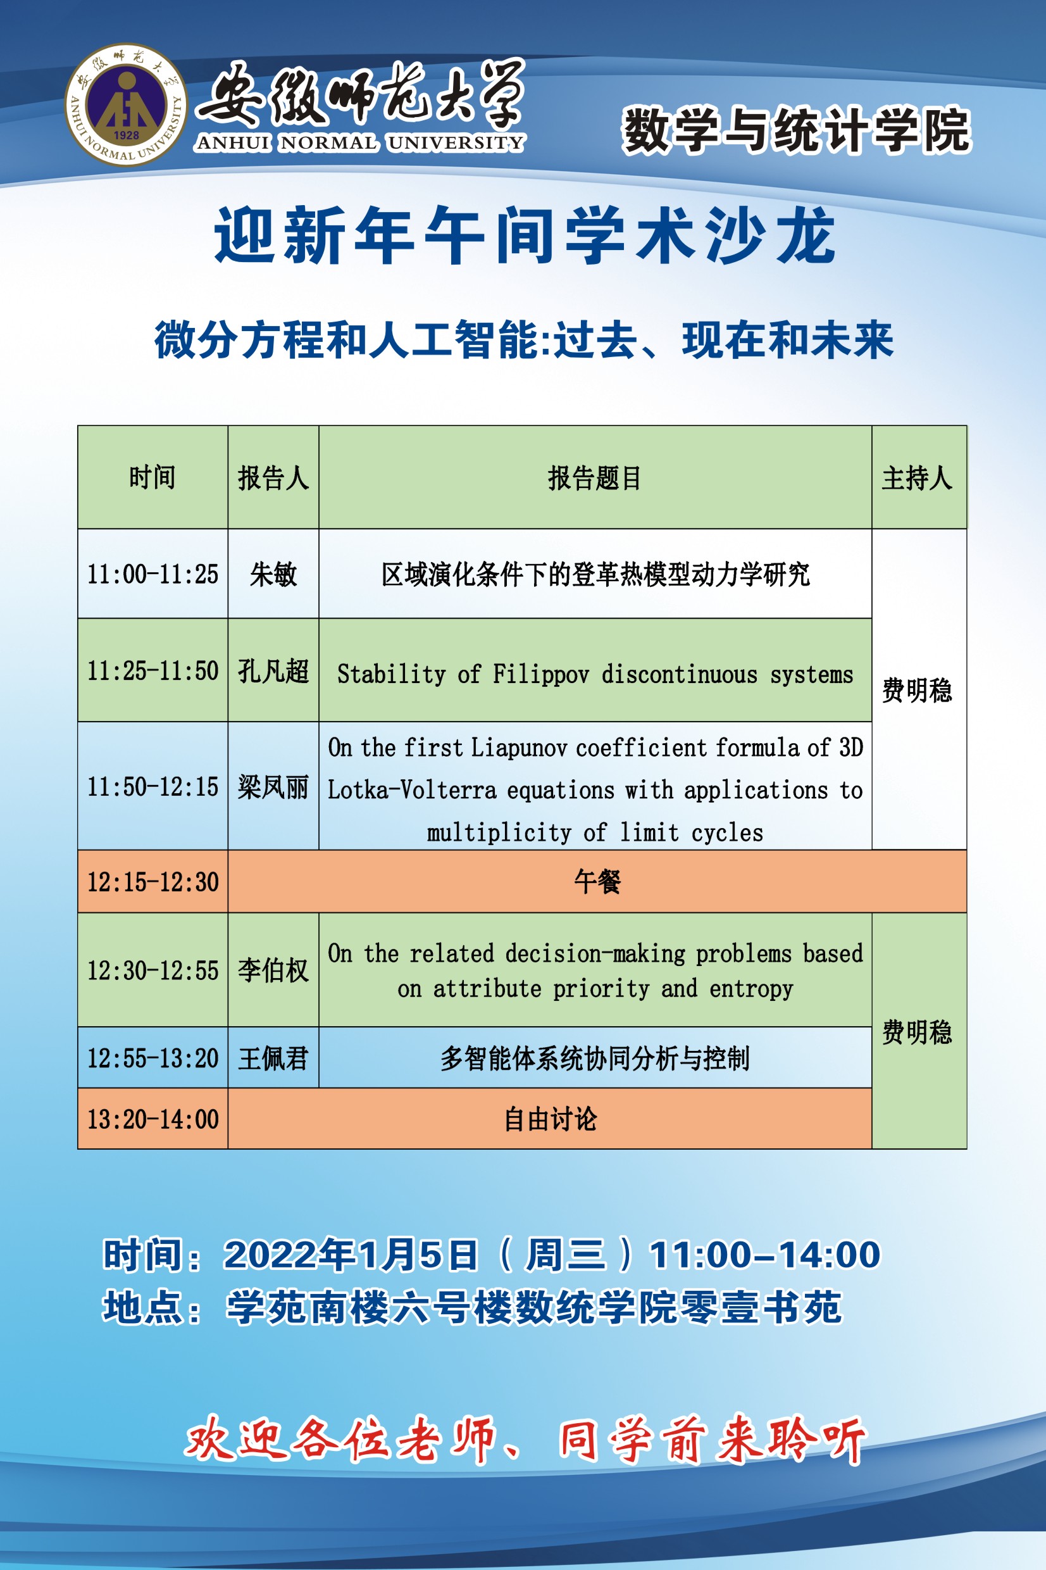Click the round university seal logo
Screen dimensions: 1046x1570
click(126, 104)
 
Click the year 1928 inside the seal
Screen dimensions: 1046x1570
click(126, 135)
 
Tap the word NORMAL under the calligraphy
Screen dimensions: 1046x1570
click(328, 143)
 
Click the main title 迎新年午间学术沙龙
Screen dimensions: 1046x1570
click(525, 234)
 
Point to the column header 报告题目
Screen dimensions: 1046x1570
click(594, 478)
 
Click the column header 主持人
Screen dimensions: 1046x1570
click(918, 478)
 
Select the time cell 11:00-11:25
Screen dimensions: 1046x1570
click(153, 574)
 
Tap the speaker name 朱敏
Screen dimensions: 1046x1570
click(273, 574)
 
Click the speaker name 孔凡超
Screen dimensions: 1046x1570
click(273, 670)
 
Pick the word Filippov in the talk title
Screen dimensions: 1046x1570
click(541, 674)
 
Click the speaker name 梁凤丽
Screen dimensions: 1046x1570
click(273, 787)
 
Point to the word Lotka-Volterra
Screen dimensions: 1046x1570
click(411, 790)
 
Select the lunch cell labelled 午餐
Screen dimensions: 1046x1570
click(597, 881)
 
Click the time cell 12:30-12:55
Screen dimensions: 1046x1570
click(153, 970)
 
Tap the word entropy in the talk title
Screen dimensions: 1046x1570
click(751, 989)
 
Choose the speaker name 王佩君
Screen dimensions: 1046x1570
click(273, 1058)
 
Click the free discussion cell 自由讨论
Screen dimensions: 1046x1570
click(551, 1119)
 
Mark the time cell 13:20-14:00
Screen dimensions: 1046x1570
click(153, 1119)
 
